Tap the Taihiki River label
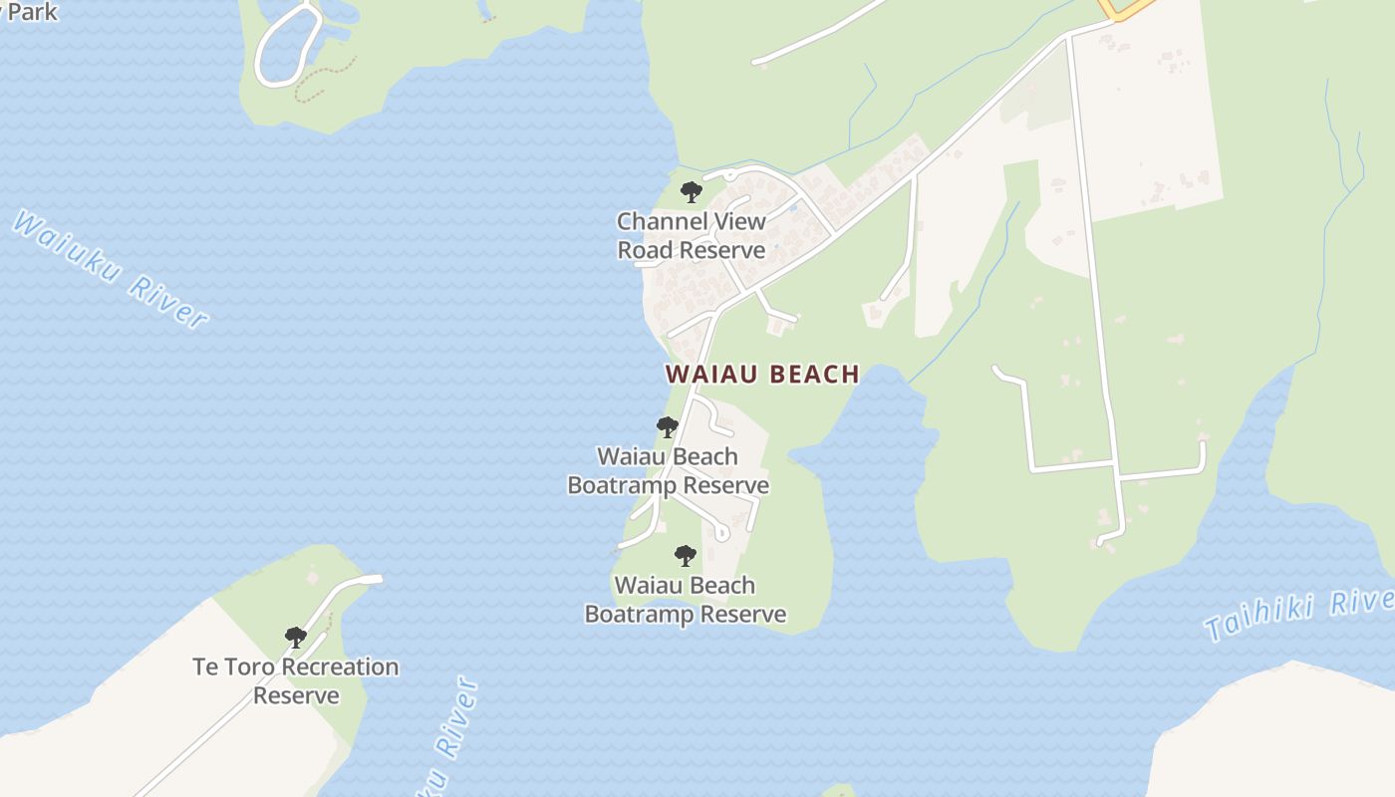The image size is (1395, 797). point(1300,614)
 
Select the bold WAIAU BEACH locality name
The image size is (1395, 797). point(762,375)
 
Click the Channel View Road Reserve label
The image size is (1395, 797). point(692,236)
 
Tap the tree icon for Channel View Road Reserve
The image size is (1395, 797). point(691,192)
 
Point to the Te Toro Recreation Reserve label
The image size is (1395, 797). point(296,680)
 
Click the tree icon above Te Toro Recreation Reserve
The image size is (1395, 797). point(295,637)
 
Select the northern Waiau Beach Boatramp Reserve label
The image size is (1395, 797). point(668,471)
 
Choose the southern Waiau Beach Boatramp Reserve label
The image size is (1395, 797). point(685,600)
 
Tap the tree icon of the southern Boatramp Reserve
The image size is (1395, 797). point(685,556)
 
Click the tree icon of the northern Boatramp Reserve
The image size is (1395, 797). point(667,427)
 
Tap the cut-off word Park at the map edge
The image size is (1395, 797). point(32,12)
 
